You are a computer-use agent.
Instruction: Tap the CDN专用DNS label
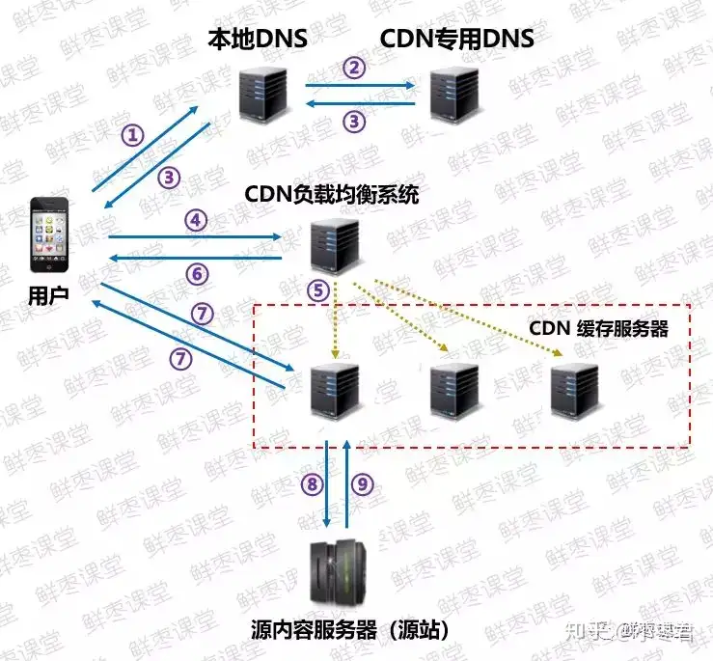click(456, 40)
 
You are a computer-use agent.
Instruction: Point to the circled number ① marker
click(132, 134)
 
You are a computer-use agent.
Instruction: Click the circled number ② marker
click(357, 67)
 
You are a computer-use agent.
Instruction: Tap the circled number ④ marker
click(197, 220)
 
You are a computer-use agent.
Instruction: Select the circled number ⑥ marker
click(197, 274)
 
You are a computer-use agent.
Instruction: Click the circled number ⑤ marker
click(318, 289)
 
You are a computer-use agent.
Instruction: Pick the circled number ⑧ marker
click(310, 483)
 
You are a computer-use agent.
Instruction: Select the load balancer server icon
click(334, 247)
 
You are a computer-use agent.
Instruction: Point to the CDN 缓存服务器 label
click(598, 328)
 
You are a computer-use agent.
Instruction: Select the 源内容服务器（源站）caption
click(351, 629)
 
